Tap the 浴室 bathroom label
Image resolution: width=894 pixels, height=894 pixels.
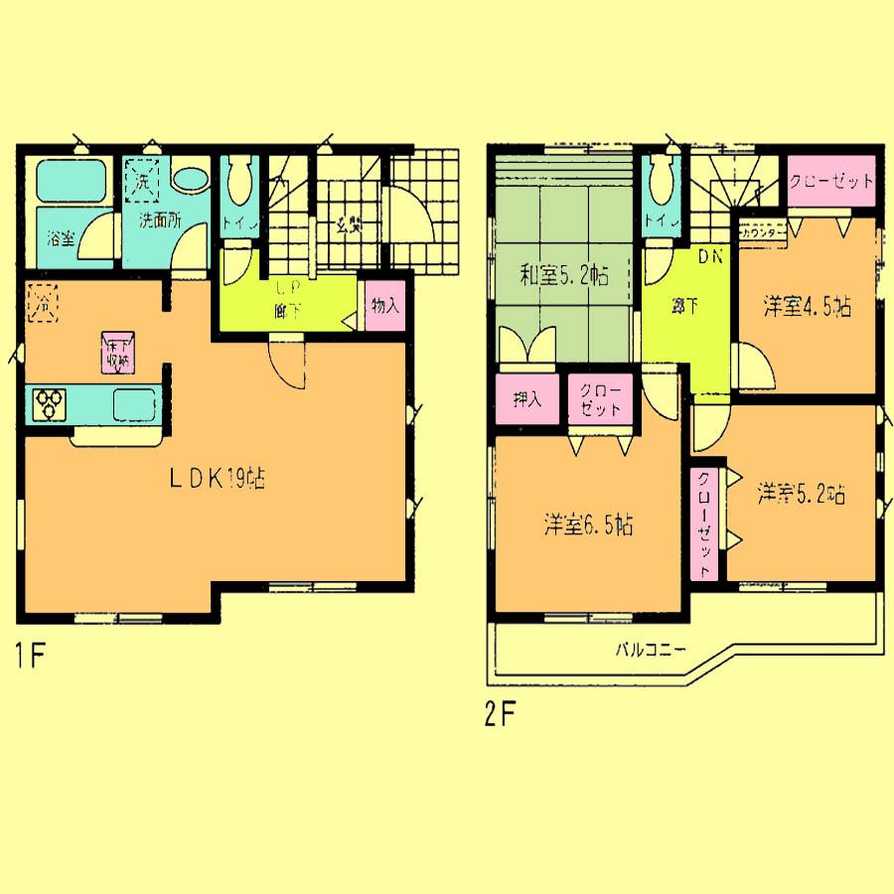[x=61, y=238]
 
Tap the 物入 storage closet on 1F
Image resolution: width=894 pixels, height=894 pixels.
[x=384, y=306]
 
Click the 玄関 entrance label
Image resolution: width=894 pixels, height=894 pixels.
[x=348, y=224]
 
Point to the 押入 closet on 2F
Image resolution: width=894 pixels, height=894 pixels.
[x=527, y=401]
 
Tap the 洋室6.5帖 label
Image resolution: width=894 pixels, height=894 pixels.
[x=588, y=523]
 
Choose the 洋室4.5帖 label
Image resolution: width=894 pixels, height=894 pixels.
[x=807, y=307]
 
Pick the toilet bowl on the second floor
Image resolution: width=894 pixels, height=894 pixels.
[x=658, y=184]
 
